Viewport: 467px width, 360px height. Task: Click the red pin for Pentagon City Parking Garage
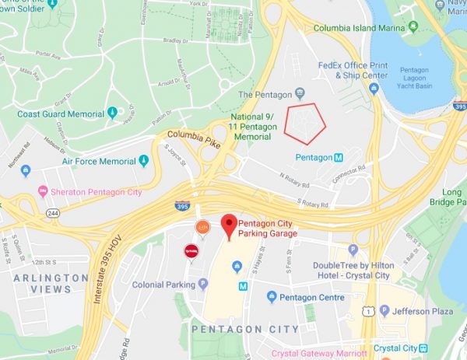228,225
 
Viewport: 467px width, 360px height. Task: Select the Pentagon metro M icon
339,157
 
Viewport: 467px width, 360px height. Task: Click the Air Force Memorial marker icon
143,161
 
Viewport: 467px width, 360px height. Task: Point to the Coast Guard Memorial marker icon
113,114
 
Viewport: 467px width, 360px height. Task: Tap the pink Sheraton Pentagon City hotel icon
42,191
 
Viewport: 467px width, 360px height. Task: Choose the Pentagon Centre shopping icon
272,296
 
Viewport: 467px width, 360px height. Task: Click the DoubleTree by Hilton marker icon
353,250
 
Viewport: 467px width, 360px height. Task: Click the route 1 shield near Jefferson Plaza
366,311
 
